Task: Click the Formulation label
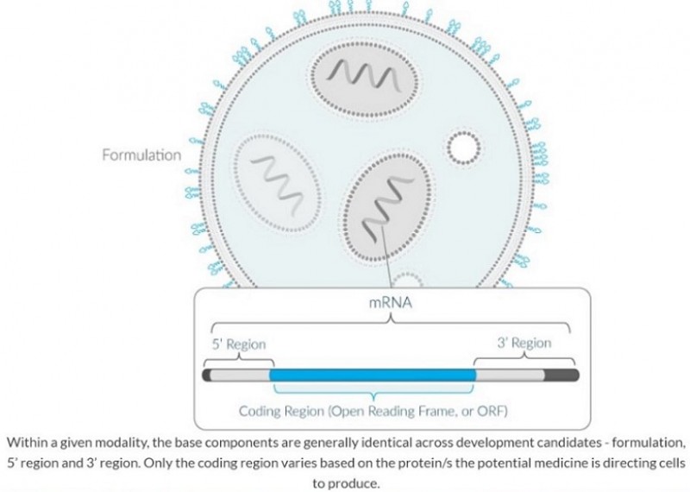point(141,155)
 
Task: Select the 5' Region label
point(239,344)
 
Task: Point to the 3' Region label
point(524,343)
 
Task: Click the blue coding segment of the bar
point(373,375)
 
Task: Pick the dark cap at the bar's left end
point(206,375)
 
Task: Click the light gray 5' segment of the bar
point(241,375)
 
